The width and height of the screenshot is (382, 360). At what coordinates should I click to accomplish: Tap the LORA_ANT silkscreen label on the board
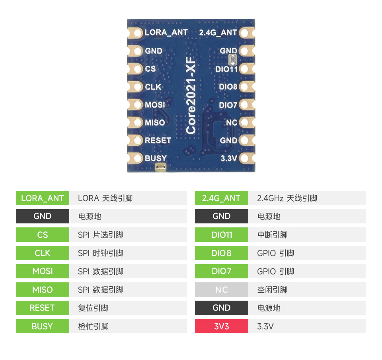[x=166, y=32]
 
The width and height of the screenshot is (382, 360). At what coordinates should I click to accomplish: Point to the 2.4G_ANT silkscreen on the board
[x=218, y=32]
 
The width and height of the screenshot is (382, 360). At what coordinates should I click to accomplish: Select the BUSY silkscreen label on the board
[x=156, y=158]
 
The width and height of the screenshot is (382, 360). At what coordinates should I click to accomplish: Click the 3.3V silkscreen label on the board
[x=229, y=158]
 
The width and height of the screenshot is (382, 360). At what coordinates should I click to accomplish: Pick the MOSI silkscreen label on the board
[x=155, y=105]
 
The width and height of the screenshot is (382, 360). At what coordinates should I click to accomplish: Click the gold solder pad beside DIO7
[x=244, y=105]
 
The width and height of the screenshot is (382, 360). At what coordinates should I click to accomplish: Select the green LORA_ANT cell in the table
[x=43, y=198]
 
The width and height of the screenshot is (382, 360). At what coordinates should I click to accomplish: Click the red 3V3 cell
[x=222, y=326]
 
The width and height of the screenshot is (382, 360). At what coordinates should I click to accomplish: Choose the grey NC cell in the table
[x=222, y=290]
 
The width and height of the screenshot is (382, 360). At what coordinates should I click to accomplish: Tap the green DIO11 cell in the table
[x=222, y=235]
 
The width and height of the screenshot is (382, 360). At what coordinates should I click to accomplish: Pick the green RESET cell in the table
[x=43, y=308]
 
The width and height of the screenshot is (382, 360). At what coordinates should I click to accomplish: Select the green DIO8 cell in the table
[x=222, y=253]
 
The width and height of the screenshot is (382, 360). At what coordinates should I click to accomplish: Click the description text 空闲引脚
[x=272, y=290]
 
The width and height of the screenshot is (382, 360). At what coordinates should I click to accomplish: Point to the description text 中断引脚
[x=272, y=235]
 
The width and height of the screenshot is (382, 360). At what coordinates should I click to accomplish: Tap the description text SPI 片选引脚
[x=101, y=235]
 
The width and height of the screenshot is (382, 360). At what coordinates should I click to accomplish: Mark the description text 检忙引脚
[x=94, y=326]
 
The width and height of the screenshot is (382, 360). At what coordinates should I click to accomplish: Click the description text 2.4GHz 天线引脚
[x=287, y=198]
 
